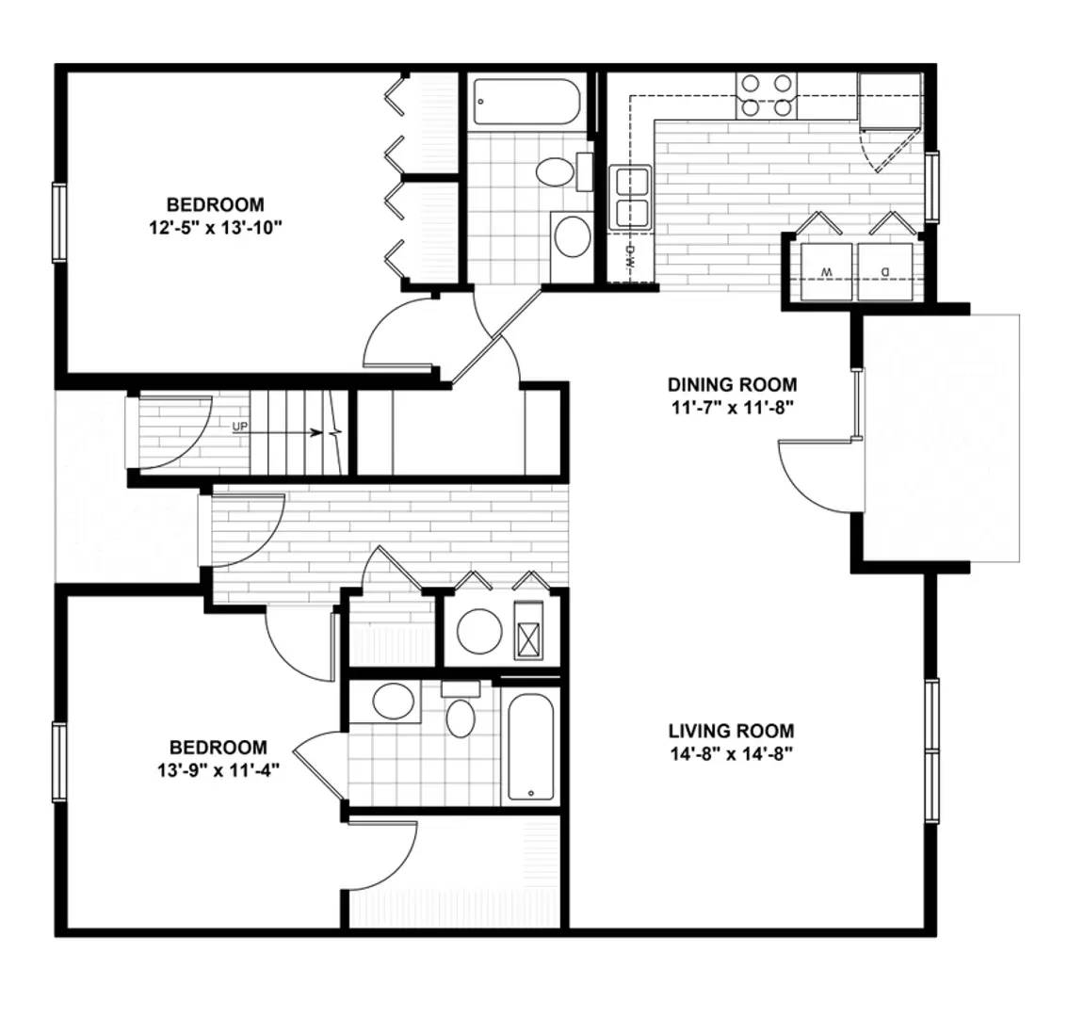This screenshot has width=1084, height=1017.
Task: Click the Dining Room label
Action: (732, 384)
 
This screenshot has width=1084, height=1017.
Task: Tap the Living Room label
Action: (731, 731)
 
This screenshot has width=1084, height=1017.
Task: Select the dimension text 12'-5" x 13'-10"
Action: (216, 228)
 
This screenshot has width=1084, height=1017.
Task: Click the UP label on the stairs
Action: (240, 427)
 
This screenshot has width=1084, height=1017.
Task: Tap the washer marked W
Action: (826, 272)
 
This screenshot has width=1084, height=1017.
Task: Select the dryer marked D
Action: (885, 272)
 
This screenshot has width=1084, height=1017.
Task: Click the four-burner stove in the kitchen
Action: (766, 95)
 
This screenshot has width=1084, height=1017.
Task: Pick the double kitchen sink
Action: (630, 197)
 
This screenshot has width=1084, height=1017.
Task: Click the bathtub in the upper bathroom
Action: (526, 102)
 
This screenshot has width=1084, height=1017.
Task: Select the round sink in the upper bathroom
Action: (572, 235)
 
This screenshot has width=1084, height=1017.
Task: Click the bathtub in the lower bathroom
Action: (530, 746)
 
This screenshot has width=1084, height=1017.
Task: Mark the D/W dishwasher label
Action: (630, 256)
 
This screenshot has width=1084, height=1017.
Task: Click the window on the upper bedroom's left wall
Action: (58, 222)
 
